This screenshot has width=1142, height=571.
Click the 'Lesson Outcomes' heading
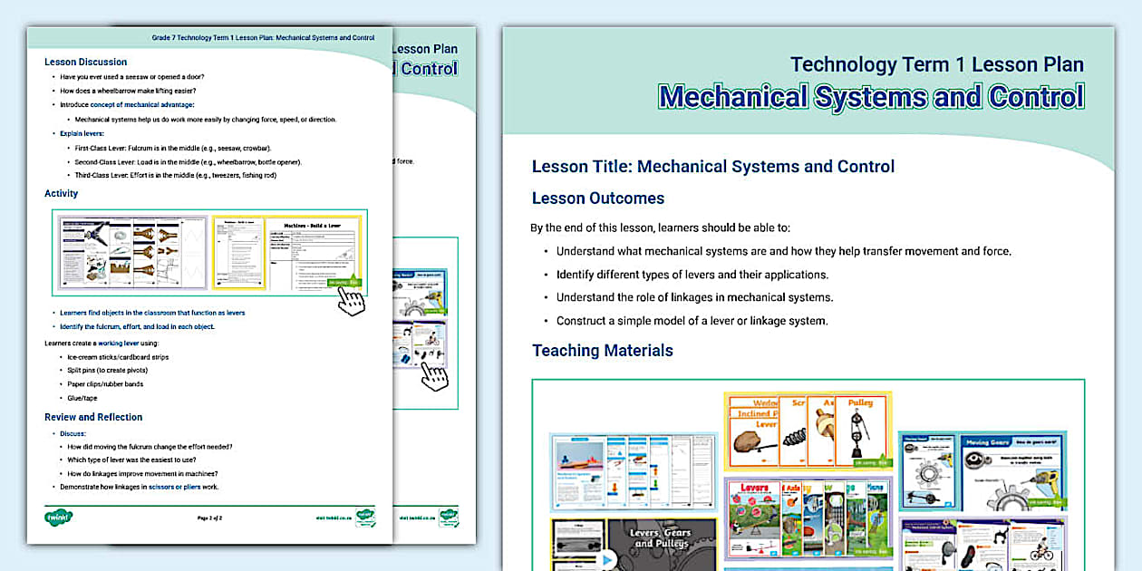(x=598, y=198)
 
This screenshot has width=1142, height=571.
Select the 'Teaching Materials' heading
(x=602, y=351)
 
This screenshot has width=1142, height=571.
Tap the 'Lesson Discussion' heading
(x=85, y=63)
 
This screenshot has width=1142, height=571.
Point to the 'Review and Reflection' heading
(x=93, y=417)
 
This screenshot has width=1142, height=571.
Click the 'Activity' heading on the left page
(x=61, y=193)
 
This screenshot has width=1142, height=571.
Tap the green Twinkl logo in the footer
(x=58, y=518)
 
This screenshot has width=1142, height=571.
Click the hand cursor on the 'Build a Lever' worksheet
(x=351, y=300)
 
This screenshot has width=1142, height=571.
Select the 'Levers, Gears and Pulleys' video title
(x=662, y=538)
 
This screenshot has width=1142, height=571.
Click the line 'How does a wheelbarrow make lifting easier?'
(x=128, y=91)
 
